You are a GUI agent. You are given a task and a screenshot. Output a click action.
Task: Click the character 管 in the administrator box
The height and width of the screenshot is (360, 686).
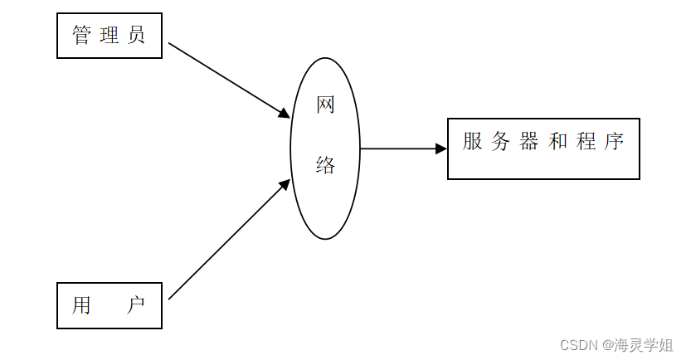tap(81, 36)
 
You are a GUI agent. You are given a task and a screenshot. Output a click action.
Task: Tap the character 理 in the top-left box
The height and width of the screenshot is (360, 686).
tap(109, 36)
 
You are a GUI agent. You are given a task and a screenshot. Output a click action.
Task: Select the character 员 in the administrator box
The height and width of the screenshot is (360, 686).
tap(136, 36)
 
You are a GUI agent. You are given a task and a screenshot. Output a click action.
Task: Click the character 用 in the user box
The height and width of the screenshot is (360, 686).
tap(81, 305)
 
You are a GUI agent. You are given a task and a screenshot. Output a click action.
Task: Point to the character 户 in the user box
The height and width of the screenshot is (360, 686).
tap(136, 305)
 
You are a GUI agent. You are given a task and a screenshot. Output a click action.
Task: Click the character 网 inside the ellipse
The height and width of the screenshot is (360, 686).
tap(325, 105)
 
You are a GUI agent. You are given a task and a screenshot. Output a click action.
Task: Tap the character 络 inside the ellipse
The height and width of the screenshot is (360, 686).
tap(325, 166)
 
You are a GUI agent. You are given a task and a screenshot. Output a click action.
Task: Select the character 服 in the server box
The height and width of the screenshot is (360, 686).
tap(473, 141)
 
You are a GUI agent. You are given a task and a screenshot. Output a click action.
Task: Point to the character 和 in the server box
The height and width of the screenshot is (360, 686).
tap(557, 141)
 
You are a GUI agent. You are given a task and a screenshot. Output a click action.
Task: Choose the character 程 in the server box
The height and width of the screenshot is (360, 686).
tap(586, 141)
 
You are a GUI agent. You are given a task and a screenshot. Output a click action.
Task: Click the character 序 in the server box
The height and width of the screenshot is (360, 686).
tap(614, 141)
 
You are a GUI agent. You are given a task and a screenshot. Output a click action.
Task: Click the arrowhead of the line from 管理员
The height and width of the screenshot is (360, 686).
tap(285, 114)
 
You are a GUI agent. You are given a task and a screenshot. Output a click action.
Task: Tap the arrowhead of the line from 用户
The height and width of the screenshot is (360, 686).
tap(285, 184)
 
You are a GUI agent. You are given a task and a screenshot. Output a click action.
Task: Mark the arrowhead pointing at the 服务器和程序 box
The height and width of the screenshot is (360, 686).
tap(442, 148)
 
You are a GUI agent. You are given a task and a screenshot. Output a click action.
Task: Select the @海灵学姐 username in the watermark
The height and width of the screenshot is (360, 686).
tap(638, 345)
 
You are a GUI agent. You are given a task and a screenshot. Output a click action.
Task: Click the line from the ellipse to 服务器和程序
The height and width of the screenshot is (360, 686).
tap(398, 148)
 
